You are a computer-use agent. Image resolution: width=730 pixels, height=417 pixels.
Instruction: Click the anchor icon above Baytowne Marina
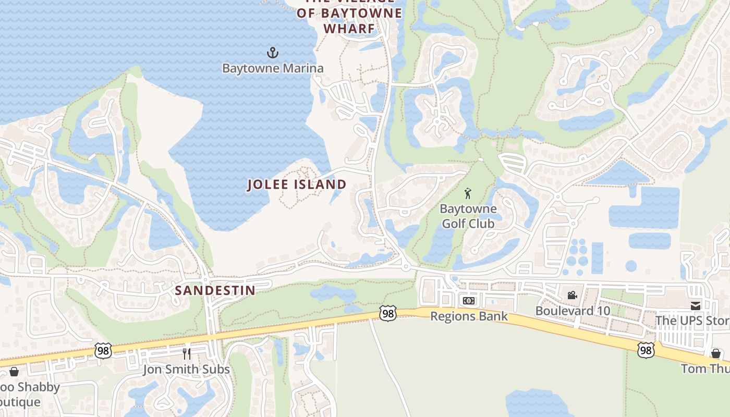[x=273, y=53]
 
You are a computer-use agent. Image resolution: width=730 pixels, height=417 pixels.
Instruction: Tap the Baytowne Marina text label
[x=273, y=68]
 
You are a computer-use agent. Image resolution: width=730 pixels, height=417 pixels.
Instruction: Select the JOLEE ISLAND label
[x=297, y=185]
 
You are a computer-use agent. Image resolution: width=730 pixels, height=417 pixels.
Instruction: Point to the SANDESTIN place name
[x=215, y=290]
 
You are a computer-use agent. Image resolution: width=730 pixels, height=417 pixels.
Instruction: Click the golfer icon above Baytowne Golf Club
[x=468, y=194]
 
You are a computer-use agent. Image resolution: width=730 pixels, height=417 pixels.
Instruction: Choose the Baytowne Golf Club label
[x=468, y=216]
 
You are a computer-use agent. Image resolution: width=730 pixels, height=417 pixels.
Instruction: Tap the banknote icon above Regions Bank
[x=469, y=301]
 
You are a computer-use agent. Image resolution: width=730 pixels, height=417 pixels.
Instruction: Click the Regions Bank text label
[x=469, y=316]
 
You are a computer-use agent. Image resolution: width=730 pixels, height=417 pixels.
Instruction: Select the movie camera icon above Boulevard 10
[x=573, y=296]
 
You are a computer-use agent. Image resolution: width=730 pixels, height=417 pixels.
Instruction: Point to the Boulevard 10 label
[x=573, y=311]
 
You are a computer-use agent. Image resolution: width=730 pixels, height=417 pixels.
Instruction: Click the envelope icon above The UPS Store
[x=696, y=305]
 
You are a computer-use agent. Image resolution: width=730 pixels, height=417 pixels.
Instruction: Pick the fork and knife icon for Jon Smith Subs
[x=187, y=354]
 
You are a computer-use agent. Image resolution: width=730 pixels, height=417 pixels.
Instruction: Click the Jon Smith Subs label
[x=187, y=370]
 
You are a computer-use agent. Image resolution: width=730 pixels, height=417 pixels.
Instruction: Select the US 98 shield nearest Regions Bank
[x=387, y=313]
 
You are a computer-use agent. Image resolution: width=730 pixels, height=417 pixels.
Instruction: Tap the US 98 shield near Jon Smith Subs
[x=103, y=351]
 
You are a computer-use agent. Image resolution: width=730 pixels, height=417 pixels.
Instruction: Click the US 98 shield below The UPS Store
[x=646, y=349]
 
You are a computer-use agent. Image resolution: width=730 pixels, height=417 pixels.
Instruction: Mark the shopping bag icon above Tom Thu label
[x=716, y=353]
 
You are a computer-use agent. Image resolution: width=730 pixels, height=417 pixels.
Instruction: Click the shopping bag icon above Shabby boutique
[x=14, y=372]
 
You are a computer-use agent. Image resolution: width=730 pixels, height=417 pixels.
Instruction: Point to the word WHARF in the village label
[x=349, y=29]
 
